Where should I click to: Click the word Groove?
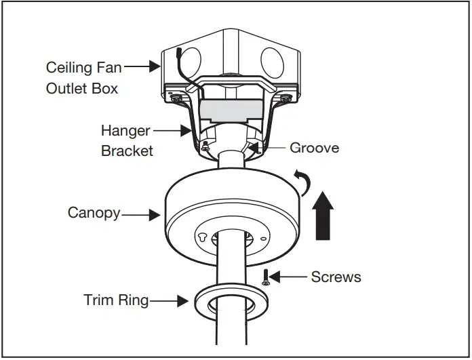tap(314, 148)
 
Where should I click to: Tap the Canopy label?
tap(94, 213)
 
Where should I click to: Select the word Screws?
tap(336, 277)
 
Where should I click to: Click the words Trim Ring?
tap(116, 300)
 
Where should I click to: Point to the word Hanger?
tap(125, 130)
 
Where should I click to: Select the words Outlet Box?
tap(82, 89)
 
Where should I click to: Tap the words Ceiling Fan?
tap(83, 68)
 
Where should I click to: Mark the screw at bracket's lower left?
tap(201, 145)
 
